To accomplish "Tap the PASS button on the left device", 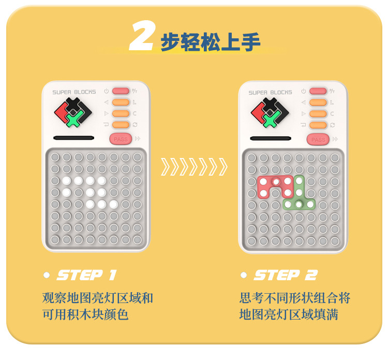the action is pyautogui.click(x=121, y=139).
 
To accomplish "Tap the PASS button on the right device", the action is pyautogui.click(x=318, y=139).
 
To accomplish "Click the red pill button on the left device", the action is pyautogui.click(x=121, y=91).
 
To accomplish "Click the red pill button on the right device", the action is pyautogui.click(x=318, y=92).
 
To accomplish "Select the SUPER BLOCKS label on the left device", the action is pyautogui.click(x=74, y=92).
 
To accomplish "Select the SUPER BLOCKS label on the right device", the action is pyautogui.click(x=270, y=93).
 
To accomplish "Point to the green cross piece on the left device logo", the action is pyautogui.click(x=74, y=118).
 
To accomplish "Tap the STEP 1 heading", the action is pyautogui.click(x=86, y=275).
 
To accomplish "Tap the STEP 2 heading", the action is pyautogui.click(x=286, y=275).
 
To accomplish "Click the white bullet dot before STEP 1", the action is pyautogui.click(x=47, y=275).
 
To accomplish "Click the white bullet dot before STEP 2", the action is pyautogui.click(x=244, y=275).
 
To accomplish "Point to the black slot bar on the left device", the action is pyautogui.click(x=74, y=138).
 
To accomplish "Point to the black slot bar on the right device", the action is pyautogui.click(x=271, y=138).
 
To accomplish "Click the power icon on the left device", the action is pyautogui.click(x=107, y=91).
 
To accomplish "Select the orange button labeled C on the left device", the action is pyautogui.click(x=121, y=113).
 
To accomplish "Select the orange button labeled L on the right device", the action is pyautogui.click(x=318, y=103).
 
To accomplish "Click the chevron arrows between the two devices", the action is pyautogui.click(x=194, y=167).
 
